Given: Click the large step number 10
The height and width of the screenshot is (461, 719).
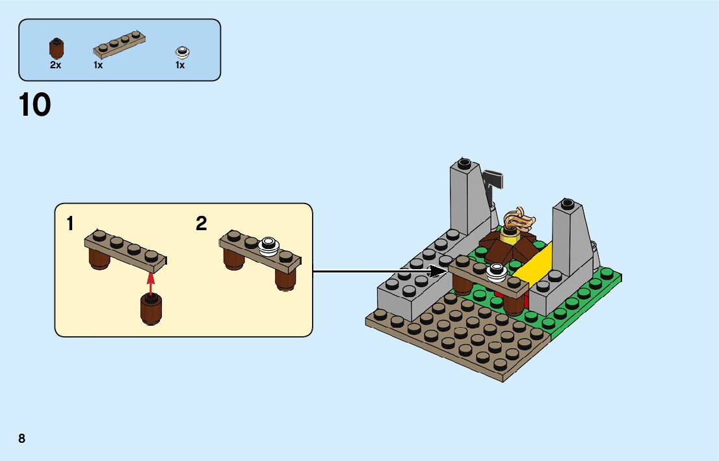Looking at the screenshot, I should tap(35, 106).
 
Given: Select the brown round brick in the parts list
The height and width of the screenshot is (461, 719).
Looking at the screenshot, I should tap(57, 48).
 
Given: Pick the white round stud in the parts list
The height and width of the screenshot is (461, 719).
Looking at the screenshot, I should tap(181, 51).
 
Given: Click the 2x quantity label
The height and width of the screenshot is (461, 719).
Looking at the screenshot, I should tap(55, 65).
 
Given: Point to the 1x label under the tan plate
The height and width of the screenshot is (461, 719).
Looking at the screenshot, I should tap(98, 65).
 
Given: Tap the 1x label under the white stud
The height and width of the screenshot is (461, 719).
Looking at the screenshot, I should tap(180, 65).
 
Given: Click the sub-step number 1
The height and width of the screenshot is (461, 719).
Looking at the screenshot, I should tap(70, 224).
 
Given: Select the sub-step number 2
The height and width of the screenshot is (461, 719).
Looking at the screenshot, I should tap(202, 224).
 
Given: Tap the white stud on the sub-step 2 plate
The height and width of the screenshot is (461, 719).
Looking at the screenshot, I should tap(268, 245).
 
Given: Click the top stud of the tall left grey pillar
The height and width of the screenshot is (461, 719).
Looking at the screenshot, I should tap(463, 161).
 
